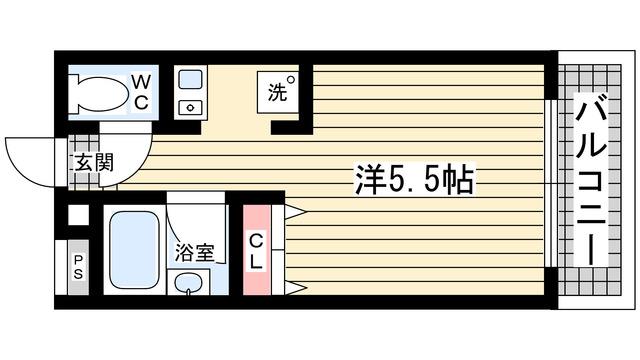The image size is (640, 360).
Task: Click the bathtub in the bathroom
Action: (x=128, y=250)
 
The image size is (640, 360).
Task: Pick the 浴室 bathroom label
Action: (x=194, y=253)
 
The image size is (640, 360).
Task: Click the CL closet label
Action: (x=256, y=250)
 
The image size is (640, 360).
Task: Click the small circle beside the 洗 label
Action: (x=290, y=80)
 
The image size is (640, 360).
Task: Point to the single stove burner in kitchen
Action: (x=189, y=107)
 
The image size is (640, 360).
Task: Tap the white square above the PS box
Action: (x=77, y=216)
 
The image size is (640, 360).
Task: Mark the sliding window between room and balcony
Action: (x=550, y=180)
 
